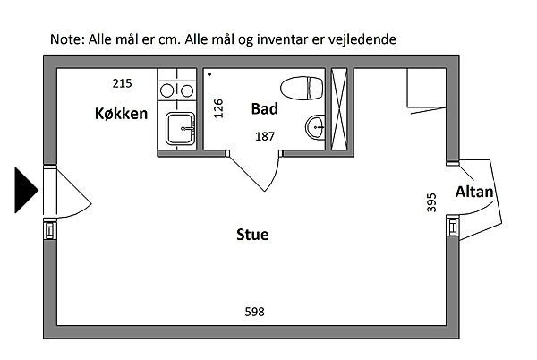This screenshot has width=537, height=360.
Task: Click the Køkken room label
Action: click(121, 114)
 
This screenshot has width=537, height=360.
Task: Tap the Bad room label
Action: click(264, 109)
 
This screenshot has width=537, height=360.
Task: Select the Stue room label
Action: click(252, 235)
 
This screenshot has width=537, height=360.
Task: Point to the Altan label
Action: click(474, 192)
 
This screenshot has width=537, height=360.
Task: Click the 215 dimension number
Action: click(123, 83)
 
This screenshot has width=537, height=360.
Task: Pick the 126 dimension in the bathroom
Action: click(218, 108)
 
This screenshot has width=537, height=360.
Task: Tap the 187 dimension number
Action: click(265, 137)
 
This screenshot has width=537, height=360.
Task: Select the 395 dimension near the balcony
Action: click(432, 202)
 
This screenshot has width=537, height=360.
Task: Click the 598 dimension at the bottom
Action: click(254, 312)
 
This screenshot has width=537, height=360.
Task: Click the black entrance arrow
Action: click(25, 190)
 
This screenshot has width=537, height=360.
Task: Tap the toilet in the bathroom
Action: click(302, 88)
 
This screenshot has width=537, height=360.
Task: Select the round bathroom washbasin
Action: click(315, 127)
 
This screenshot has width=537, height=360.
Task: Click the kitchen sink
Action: click(181, 128)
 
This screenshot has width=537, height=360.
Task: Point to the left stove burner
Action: click(166, 90)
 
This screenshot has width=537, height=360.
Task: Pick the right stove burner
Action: click(187, 90)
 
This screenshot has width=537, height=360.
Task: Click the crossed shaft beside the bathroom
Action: click(339, 109)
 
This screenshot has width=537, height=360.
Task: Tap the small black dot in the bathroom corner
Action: click(209, 74)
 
